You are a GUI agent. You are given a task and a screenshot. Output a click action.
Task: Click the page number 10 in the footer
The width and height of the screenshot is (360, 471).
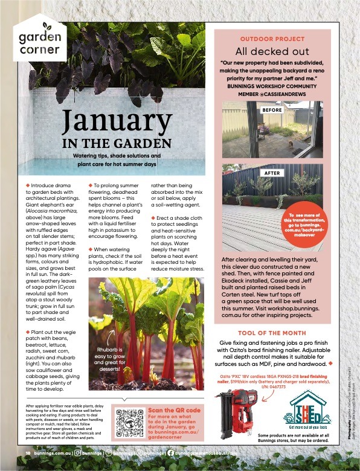click(28, 453)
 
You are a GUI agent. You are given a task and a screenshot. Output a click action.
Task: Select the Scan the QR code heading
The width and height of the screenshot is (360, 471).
click(174, 411)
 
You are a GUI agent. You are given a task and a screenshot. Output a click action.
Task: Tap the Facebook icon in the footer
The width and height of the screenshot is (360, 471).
click(171, 453)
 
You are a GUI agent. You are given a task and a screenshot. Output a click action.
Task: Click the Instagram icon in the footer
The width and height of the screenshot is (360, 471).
click(76, 453)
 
